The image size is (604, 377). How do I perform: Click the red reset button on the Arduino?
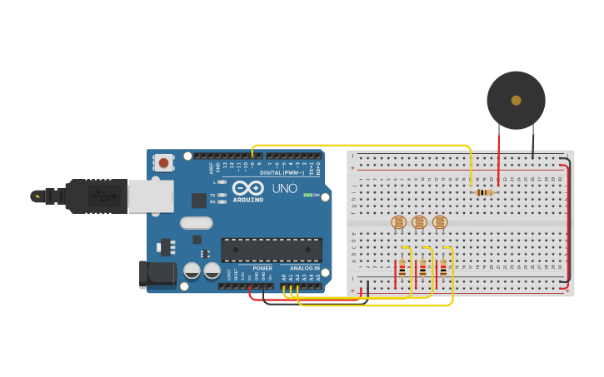pos(164,162)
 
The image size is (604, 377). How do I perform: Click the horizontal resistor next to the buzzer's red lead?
pos(484,192)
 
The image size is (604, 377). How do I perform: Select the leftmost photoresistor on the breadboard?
pos(398,222)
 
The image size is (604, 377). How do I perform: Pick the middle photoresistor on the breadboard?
pos(419,222)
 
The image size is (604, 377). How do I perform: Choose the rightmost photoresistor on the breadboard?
pos(440,222)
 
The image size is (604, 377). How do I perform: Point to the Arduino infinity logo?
pos(247,188)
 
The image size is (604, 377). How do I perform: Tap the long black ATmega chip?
pos(272,250)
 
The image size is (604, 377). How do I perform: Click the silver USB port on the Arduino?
pos(150,196)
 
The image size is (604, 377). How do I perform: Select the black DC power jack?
pos(159,272)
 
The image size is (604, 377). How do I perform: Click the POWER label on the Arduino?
pos(262,268)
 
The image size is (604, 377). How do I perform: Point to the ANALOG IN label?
pos(304,268)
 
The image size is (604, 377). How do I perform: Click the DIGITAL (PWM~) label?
pos(282,172)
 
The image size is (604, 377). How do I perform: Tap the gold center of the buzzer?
pos(516,100)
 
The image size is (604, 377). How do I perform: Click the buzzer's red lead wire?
pos(498,154)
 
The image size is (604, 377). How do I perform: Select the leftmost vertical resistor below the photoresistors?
pos(402,268)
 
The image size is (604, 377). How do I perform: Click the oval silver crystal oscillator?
pos(197,222)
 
